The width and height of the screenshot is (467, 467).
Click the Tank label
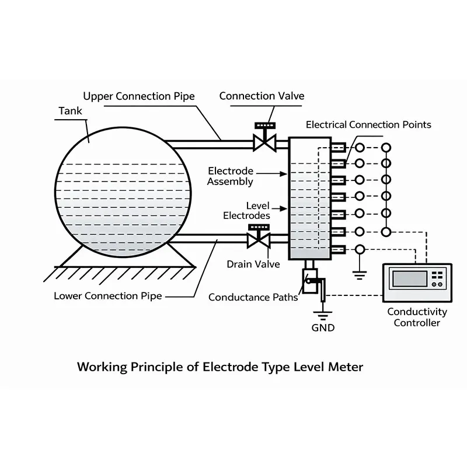click(71, 111)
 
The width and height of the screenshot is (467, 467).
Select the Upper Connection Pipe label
click(138, 96)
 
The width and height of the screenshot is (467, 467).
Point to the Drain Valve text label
click(253, 264)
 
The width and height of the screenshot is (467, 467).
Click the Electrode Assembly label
click(231, 176)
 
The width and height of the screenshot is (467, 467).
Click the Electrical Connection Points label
click(368, 124)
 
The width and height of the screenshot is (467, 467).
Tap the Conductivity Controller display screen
click(409, 278)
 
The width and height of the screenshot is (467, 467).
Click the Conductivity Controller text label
click(417, 318)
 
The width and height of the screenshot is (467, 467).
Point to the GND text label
click(323, 328)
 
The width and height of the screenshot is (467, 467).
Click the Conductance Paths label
click(253, 298)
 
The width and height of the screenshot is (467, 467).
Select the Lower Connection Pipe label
click(107, 296)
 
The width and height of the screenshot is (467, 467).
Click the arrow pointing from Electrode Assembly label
click(271, 173)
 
